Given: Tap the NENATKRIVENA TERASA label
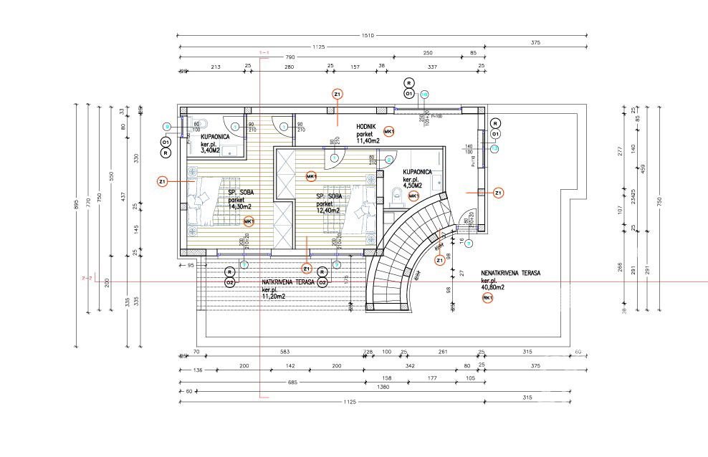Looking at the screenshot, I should [510, 273].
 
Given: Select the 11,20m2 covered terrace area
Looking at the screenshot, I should [276, 295].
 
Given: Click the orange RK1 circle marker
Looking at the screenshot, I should [487, 298].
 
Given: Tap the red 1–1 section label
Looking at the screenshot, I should [263, 52].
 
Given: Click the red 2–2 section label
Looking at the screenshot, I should [87, 279].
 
